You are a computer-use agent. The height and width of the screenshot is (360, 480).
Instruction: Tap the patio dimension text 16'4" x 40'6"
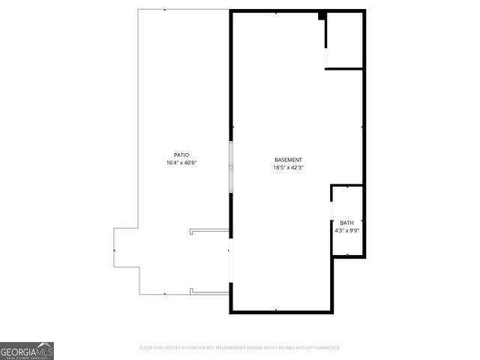183,163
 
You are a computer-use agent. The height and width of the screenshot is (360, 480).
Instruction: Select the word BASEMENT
288,160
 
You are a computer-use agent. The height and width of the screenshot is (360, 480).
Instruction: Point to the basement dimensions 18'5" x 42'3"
288,168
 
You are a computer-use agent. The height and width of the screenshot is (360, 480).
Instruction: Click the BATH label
346,223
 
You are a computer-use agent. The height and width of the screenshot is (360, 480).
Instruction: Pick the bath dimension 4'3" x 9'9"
346,231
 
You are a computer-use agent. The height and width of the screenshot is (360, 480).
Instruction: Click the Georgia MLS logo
27,350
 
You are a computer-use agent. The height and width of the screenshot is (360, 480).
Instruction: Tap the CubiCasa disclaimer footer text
240,348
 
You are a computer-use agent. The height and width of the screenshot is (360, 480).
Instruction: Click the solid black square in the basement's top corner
322,16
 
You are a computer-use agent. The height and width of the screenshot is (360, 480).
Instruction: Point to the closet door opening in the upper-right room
325,57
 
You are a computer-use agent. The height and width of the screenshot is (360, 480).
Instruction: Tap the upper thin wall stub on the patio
210,230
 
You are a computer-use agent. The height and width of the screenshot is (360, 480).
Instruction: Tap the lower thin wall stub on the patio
210,292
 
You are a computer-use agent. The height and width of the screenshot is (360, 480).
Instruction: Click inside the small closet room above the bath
345,41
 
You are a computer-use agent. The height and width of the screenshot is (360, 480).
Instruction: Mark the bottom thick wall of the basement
281,310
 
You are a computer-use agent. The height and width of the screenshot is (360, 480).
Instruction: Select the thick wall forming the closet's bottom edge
344,69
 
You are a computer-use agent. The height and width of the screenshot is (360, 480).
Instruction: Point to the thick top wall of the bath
347,185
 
